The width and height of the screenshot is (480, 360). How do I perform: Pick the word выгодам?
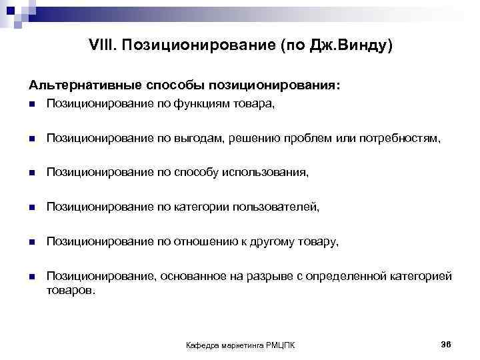tap(197, 138)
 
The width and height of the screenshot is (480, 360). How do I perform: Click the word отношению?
tap(203, 242)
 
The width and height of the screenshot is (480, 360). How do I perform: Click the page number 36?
tap(446, 343)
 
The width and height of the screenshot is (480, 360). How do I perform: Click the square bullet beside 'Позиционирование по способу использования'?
tap(31, 173)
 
